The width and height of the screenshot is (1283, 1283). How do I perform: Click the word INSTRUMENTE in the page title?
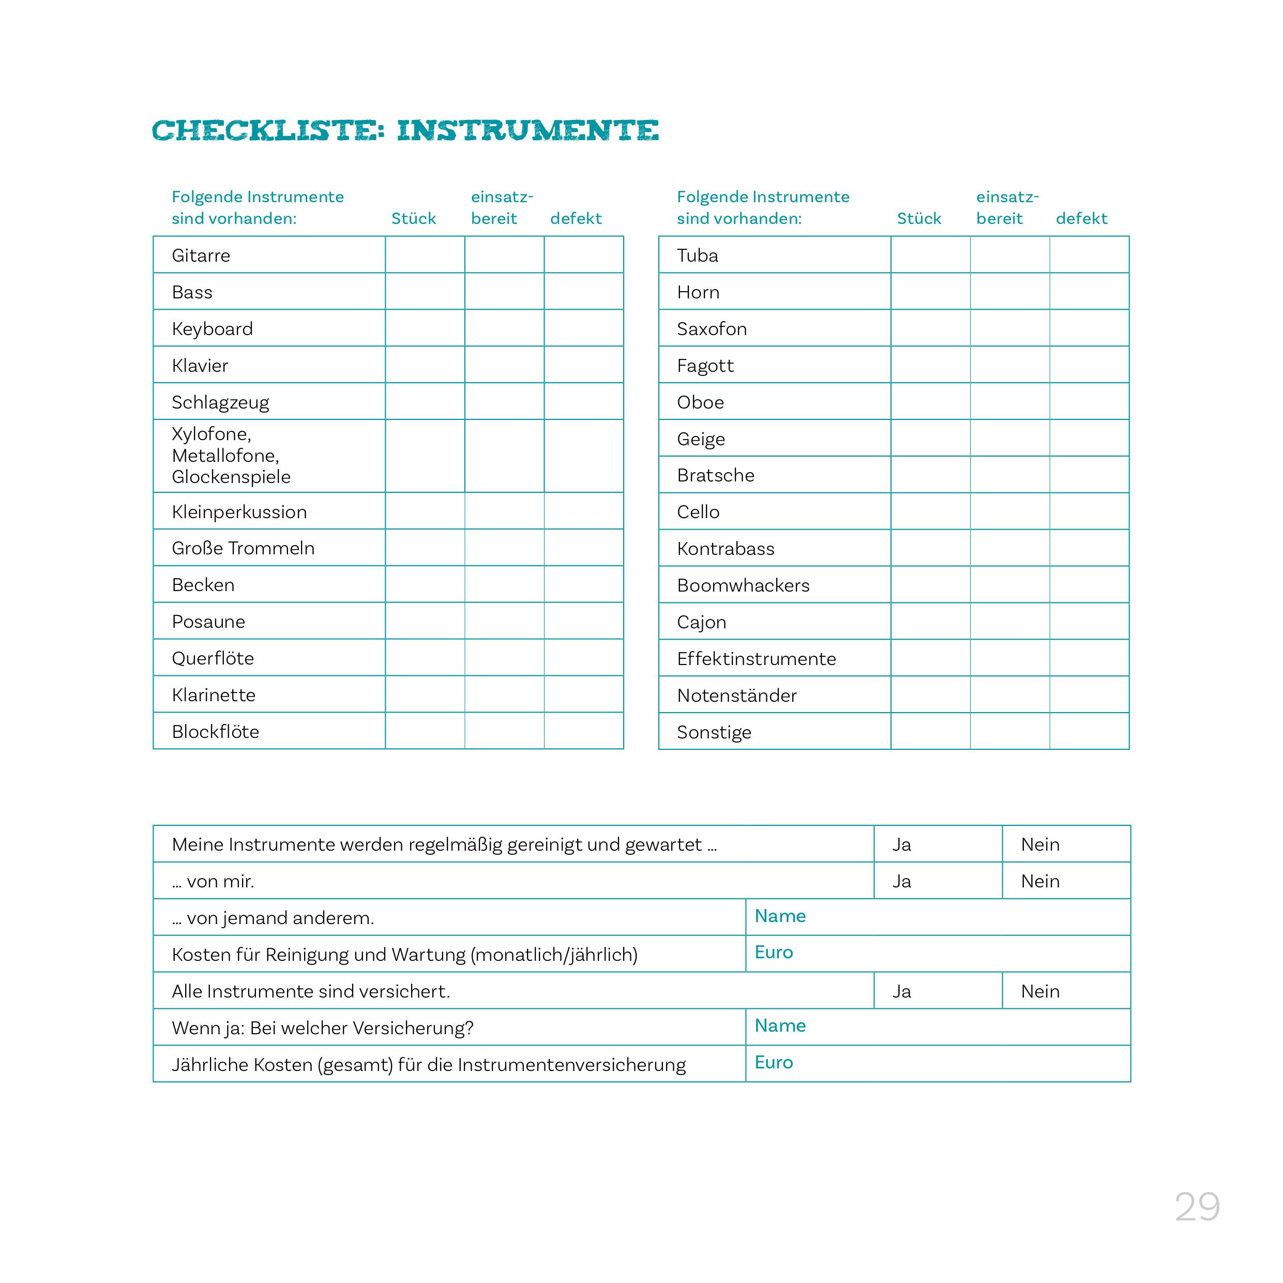point(528,130)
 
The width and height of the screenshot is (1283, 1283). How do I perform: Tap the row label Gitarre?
point(201,255)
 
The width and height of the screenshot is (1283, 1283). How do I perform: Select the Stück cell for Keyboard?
point(425,328)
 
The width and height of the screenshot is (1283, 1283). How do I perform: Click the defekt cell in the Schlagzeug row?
point(584,401)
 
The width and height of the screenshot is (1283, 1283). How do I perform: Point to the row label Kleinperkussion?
point(239,512)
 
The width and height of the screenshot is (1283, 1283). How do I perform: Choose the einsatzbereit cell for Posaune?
point(505,621)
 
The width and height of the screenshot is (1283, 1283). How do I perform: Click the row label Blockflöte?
point(215,732)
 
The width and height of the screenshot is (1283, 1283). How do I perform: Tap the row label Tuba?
point(697,255)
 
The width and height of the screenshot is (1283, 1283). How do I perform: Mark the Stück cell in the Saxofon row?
point(930,328)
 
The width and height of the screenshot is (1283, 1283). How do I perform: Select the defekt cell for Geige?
point(1089,439)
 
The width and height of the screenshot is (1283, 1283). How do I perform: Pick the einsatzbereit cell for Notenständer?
point(1010,695)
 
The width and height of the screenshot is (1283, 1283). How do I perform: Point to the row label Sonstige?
point(714,732)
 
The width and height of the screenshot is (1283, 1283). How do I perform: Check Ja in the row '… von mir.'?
point(901,881)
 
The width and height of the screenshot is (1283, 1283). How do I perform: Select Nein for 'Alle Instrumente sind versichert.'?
point(1040,991)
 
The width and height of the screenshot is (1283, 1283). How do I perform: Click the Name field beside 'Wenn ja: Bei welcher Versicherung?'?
point(937,1028)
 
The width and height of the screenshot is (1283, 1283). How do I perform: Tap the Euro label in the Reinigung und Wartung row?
point(774,952)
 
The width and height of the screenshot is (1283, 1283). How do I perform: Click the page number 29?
point(1197,1206)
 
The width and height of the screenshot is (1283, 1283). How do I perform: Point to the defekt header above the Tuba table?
point(1081,218)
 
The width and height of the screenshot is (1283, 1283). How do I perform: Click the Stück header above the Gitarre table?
point(413,218)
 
